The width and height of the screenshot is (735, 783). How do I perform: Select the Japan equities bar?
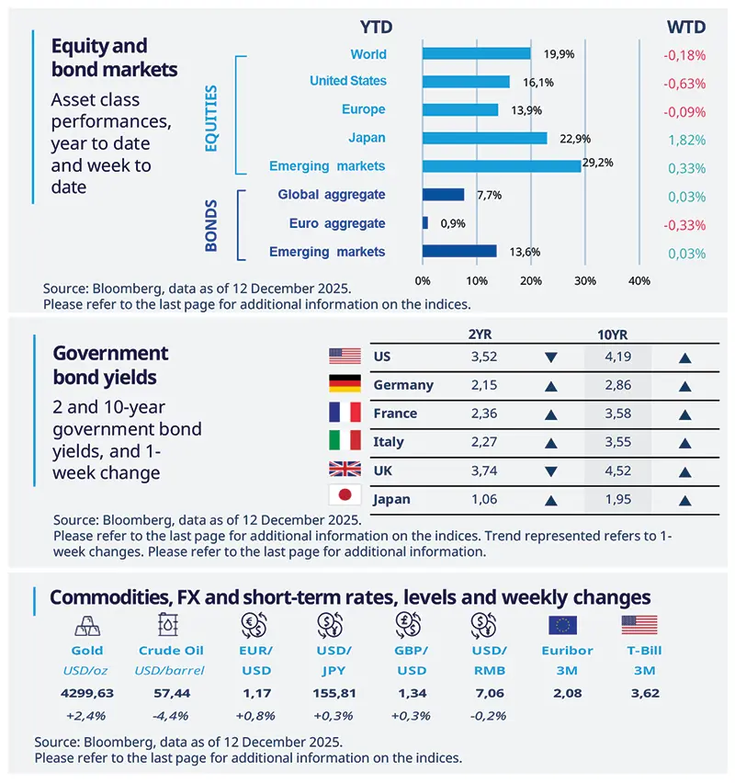click(484, 138)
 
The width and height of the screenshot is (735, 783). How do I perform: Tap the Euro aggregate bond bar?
click(425, 223)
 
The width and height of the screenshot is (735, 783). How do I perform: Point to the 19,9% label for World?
click(559, 54)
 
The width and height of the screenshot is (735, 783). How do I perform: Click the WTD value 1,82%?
click(685, 139)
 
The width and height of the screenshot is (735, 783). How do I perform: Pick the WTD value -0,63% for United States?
click(684, 83)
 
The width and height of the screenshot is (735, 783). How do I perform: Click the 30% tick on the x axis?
click(584, 279)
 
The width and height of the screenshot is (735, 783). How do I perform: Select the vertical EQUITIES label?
click(211, 118)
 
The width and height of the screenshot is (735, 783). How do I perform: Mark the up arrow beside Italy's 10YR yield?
click(684, 443)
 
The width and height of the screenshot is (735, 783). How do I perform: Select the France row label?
click(395, 414)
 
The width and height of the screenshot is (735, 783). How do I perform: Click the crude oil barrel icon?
click(167, 626)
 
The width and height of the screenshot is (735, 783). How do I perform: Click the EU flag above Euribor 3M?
click(562, 626)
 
